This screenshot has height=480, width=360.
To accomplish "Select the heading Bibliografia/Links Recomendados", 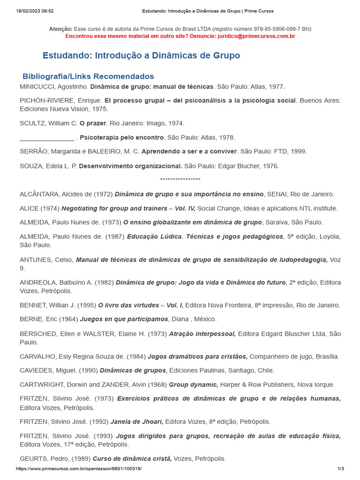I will click(88, 76).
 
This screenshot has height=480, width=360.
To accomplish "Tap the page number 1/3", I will click(341, 469).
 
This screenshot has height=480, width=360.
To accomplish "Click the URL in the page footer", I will click(78, 469).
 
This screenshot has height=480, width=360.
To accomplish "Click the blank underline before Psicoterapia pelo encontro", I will click(47, 137).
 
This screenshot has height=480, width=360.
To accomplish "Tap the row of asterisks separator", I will click(180, 180).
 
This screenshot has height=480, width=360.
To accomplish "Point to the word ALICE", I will click(29, 208).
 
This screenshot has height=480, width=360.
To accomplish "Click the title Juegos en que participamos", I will click(124, 319).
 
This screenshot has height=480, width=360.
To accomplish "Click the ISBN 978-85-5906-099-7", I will click(269, 29).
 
